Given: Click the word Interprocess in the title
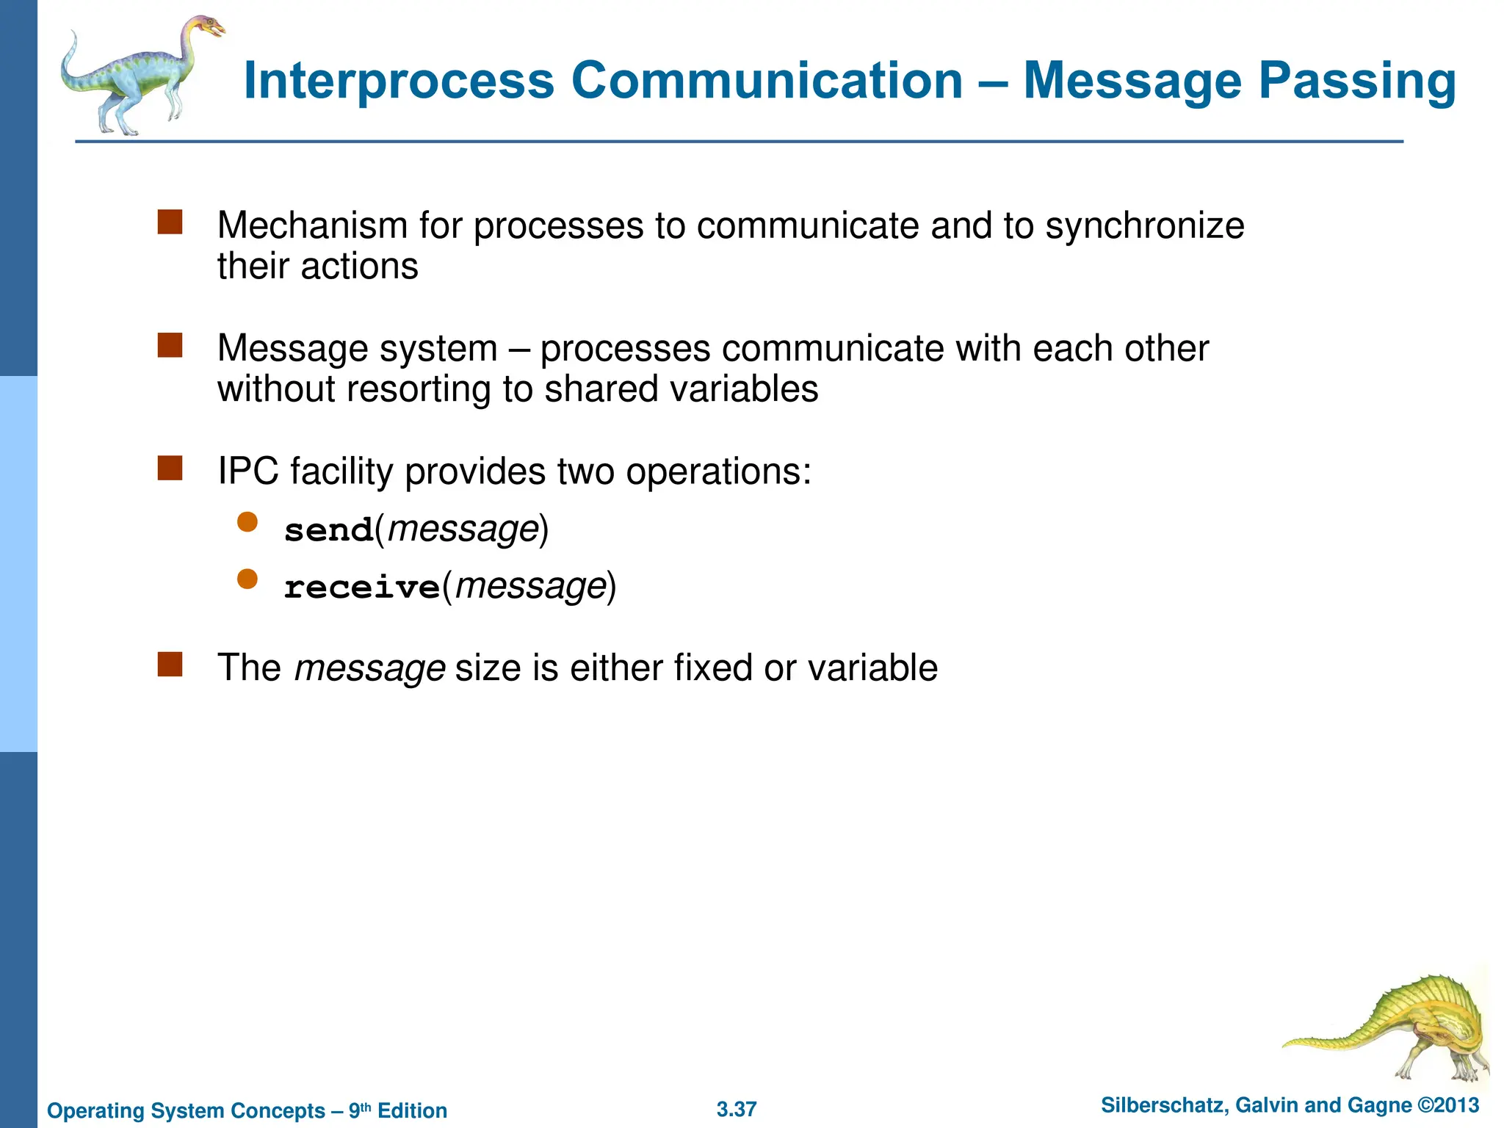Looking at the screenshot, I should pyautogui.click(x=399, y=81).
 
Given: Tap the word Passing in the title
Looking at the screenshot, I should pyautogui.click(x=1357, y=81).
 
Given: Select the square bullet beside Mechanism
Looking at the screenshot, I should pyautogui.click(x=170, y=222).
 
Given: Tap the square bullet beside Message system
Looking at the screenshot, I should pyautogui.click(x=170, y=345).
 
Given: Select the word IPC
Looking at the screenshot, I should pyautogui.click(x=248, y=471).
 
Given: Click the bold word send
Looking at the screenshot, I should pyautogui.click(x=329, y=530).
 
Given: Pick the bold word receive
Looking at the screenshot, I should pyautogui.click(x=362, y=587).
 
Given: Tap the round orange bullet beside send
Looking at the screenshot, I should pyautogui.click(x=247, y=522).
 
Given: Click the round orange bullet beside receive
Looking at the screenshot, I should pyautogui.click(x=247, y=579).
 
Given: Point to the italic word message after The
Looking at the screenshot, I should pyautogui.click(x=369, y=668).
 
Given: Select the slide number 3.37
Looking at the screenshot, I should pyautogui.click(x=737, y=1109).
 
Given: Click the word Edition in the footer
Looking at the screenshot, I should pyautogui.click(x=412, y=1110).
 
